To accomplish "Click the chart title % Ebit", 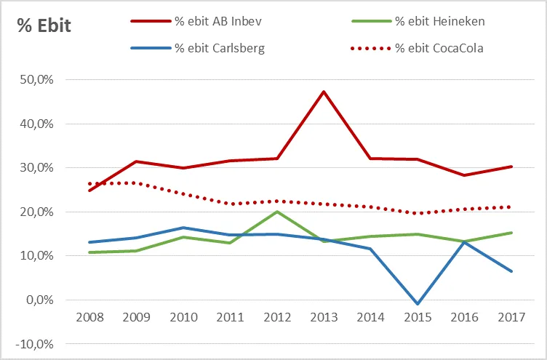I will [x=44, y=28].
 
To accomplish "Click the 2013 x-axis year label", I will [x=324, y=318].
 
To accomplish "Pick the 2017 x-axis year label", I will [x=511, y=318].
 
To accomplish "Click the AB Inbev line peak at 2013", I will [x=324, y=92].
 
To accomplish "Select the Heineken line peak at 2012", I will [x=277, y=212].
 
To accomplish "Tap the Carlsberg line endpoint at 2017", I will [x=511, y=271].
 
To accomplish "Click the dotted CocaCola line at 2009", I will [x=137, y=183].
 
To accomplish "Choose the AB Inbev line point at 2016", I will [x=464, y=175].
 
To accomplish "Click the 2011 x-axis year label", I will [x=231, y=318].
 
